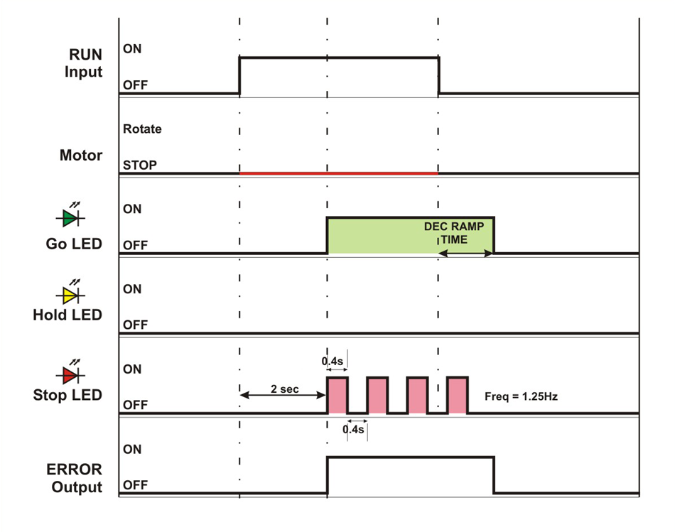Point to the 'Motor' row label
click(81, 156)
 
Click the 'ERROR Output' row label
click(77, 479)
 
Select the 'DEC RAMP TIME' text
click(454, 233)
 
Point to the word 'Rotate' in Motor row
click(142, 129)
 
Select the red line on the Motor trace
click(338, 173)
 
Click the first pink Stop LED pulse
click(337, 395)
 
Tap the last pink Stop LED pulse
click(458, 395)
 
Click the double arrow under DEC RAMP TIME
click(466, 253)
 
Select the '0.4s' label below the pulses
click(355, 429)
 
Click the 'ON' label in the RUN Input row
click(132, 49)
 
